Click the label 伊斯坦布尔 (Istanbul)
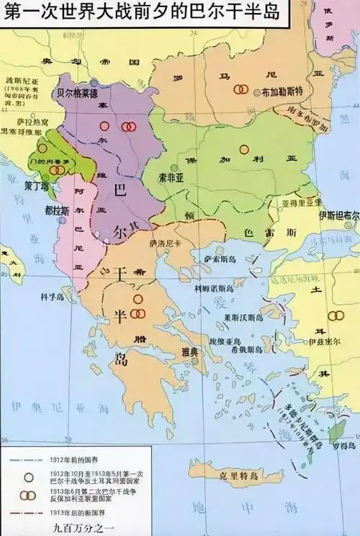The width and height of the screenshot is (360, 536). pos(339,215)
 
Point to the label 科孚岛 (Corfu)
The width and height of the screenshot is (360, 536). pos(55,295)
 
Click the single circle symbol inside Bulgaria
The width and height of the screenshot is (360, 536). pos(244,149)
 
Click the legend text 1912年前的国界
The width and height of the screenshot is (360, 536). pos(74,459)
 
